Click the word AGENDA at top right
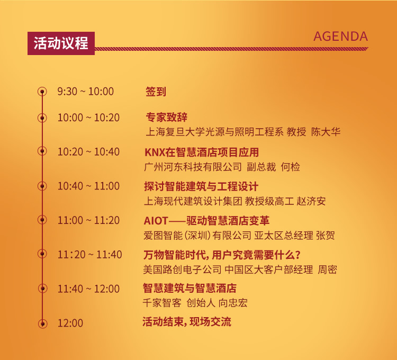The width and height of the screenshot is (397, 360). click(340, 37)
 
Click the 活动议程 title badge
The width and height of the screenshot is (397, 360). click(61, 43)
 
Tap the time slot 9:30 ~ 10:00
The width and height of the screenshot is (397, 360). click(86, 92)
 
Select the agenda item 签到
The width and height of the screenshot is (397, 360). click(156, 92)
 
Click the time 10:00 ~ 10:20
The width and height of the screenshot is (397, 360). click(88, 118)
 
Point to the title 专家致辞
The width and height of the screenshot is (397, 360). click(166, 117)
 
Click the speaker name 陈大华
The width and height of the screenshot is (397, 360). click(326, 132)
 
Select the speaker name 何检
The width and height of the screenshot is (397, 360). click(290, 167)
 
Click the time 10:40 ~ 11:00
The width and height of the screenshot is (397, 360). click(88, 186)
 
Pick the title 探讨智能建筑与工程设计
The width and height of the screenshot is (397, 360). click(201, 186)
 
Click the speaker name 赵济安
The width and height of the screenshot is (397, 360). click(311, 201)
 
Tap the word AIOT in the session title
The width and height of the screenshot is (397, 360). click(156, 221)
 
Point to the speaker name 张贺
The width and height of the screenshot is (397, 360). click(326, 236)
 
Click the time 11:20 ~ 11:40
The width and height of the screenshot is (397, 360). click(89, 255)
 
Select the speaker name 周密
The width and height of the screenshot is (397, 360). click(327, 269)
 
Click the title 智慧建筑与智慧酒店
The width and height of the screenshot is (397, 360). click(190, 288)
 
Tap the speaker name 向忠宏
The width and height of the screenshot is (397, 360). click(233, 303)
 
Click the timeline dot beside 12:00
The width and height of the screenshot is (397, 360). click(42, 323)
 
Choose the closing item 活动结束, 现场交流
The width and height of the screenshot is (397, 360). click(187, 322)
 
